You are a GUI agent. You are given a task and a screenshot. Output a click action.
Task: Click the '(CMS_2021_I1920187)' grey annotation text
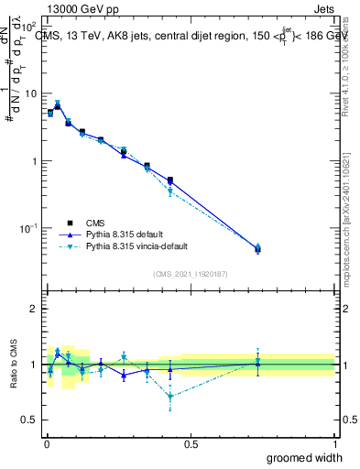pos(189,272)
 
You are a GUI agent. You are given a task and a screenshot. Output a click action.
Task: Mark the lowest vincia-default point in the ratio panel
pos(170,397)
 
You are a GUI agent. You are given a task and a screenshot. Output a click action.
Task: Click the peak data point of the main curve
pos(58,106)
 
